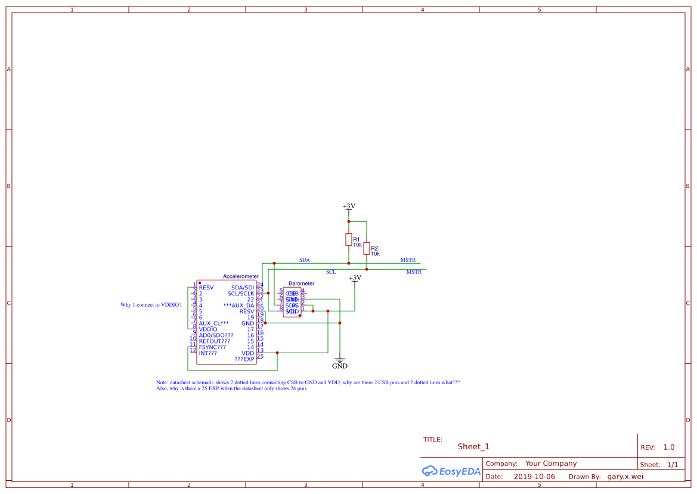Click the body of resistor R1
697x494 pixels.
click(349, 240)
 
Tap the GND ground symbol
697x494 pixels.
click(340, 363)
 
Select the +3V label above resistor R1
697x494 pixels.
click(349, 206)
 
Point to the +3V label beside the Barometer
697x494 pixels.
click(355, 278)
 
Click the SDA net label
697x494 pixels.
click(305, 260)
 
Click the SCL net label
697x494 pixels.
click(331, 272)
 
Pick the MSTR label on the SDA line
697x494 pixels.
click(408, 260)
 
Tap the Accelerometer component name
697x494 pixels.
click(241, 276)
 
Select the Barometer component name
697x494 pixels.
click(301, 283)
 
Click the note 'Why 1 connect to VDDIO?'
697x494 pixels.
click(151, 305)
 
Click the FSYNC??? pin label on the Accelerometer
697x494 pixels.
click(212, 347)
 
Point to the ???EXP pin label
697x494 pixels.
click(244, 359)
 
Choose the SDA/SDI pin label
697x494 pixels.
click(243, 288)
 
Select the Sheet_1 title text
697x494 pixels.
click(473, 447)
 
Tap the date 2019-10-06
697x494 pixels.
click(534, 477)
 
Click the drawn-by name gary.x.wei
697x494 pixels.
click(625, 477)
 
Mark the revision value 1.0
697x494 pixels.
click(669, 447)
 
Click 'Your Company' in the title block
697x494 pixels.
click(551, 464)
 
